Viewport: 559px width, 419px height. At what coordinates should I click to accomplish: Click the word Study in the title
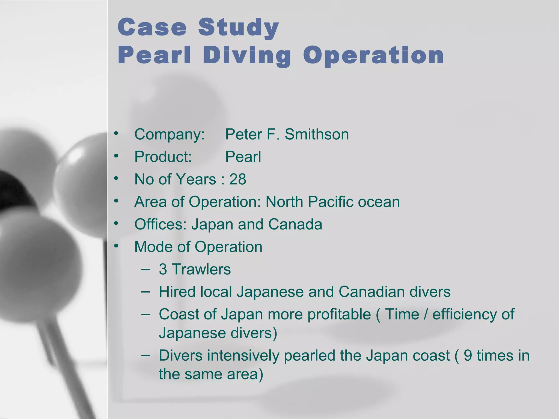238,28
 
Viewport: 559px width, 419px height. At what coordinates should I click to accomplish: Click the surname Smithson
317,134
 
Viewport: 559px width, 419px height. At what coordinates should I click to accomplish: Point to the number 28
238,179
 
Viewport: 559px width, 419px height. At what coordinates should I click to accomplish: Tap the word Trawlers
201,269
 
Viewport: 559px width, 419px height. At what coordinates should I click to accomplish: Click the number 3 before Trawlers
163,269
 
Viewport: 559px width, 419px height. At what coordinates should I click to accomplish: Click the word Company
169,134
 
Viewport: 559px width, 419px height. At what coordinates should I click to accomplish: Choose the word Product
163,157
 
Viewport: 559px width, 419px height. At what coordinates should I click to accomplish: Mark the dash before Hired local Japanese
146,292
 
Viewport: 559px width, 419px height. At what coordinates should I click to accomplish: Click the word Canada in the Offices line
295,224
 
